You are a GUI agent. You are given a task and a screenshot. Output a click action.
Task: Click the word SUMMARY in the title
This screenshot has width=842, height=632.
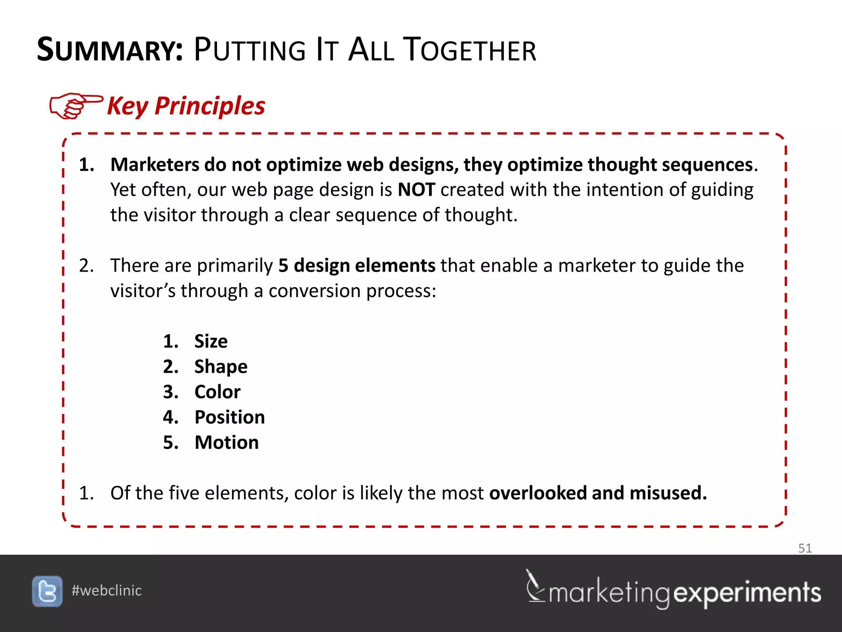pyautogui.click(x=109, y=50)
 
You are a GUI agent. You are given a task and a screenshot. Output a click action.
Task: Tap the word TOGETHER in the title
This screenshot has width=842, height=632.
pyautogui.click(x=469, y=50)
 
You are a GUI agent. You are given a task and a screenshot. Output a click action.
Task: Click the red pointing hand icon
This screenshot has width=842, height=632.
pyautogui.click(x=76, y=105)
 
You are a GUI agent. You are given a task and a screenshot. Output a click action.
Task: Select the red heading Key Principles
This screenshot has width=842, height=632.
pyautogui.click(x=186, y=106)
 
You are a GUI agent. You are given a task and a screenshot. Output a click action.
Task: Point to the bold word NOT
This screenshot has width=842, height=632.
pyautogui.click(x=416, y=190)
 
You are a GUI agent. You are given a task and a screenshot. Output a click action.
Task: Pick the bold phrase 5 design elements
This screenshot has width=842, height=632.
pyautogui.click(x=356, y=266)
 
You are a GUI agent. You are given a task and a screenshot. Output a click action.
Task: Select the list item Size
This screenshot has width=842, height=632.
pyautogui.click(x=211, y=342)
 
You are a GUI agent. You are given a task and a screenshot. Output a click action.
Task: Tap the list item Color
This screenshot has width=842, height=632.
pyautogui.click(x=217, y=392)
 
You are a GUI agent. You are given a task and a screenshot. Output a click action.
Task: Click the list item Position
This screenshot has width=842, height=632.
pyautogui.click(x=230, y=418)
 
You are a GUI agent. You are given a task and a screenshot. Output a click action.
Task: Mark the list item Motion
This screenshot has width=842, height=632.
pyautogui.click(x=227, y=443)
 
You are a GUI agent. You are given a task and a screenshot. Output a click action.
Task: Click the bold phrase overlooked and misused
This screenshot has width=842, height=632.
pyautogui.click(x=598, y=493)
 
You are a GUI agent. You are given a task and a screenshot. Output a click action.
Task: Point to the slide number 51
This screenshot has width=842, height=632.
pyautogui.click(x=805, y=548)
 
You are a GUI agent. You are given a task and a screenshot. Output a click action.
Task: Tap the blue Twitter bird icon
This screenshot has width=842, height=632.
pyautogui.click(x=47, y=591)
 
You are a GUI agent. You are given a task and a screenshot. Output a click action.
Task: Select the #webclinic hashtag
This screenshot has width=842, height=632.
pyautogui.click(x=106, y=591)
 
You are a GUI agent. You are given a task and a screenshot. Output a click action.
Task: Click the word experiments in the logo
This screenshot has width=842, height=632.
pyautogui.click(x=747, y=593)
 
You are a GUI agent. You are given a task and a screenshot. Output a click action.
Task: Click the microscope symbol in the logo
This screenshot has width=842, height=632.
pyautogui.click(x=535, y=586)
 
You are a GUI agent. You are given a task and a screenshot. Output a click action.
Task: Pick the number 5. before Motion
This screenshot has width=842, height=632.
pyautogui.click(x=171, y=443)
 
